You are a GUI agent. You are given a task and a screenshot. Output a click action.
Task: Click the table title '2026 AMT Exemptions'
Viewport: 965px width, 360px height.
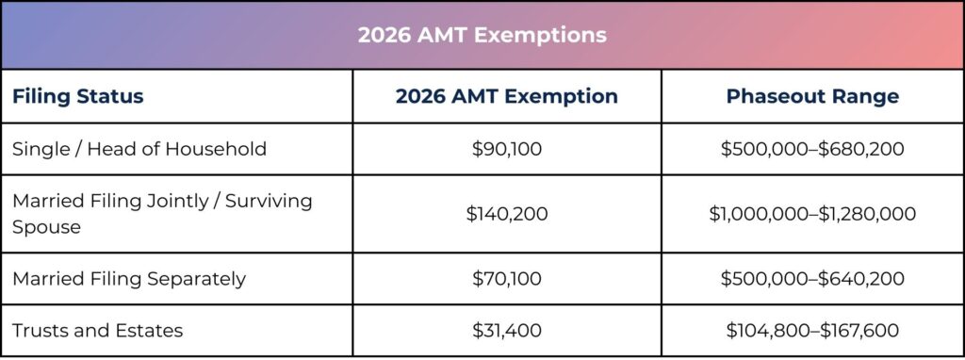click(x=482, y=35)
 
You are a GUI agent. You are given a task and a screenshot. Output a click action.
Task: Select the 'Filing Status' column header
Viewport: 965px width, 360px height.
click(x=77, y=96)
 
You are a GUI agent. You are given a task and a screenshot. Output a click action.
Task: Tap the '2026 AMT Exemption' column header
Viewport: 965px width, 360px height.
click(x=506, y=96)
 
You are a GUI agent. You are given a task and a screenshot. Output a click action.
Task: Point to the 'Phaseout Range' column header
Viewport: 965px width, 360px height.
click(x=811, y=96)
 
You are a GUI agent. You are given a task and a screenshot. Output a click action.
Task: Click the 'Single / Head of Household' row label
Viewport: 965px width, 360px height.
click(x=139, y=149)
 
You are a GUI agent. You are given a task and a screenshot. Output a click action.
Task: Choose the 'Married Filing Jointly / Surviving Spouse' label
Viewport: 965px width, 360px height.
click(x=162, y=214)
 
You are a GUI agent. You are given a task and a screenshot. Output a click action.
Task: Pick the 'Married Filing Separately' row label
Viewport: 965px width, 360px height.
click(x=129, y=279)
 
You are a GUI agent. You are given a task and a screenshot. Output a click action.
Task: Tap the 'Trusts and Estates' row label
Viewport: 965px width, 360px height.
click(x=98, y=331)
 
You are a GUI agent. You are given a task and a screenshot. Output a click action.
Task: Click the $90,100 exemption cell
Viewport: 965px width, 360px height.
click(x=506, y=149)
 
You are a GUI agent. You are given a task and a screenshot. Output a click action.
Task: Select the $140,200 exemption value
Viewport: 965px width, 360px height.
click(x=506, y=214)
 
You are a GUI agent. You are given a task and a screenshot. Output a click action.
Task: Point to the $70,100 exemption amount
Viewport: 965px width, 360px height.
click(x=506, y=279)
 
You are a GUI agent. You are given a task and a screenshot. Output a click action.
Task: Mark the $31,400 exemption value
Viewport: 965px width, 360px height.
click(x=506, y=331)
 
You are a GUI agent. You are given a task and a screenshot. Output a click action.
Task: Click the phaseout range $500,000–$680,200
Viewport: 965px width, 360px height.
click(x=811, y=149)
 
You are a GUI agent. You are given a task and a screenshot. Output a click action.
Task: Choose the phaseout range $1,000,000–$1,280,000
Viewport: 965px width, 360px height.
click(x=811, y=214)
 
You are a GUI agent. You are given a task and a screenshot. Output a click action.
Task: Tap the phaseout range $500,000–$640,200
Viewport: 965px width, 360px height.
click(x=811, y=279)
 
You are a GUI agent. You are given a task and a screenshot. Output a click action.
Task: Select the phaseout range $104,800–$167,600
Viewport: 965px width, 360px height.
click(x=811, y=331)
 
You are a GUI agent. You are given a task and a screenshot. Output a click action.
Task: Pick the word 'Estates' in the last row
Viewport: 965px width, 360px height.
click(x=152, y=331)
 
